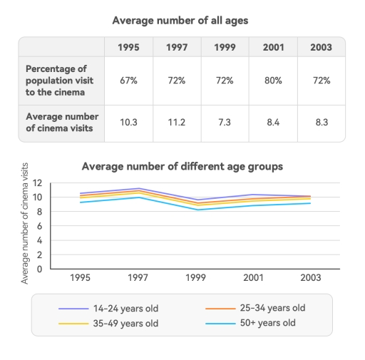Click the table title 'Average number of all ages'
[x=182, y=20]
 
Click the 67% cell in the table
[x=128, y=81]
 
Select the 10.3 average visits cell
[x=128, y=123]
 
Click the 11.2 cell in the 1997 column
[x=177, y=123]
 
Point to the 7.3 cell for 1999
[x=225, y=123]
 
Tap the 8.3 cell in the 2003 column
[x=321, y=123]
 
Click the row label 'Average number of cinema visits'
[x=62, y=123]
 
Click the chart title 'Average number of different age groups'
[x=182, y=166]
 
